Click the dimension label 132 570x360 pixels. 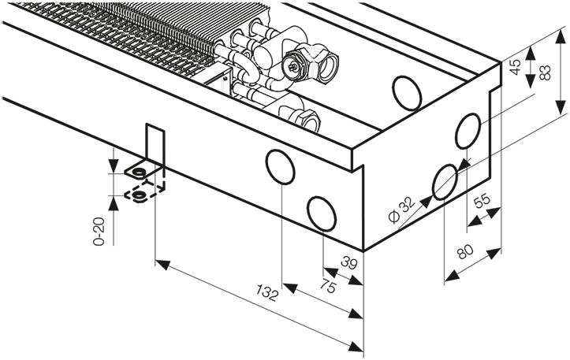pos(267,293)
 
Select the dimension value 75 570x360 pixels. pos(328,285)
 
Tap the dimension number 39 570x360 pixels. pos(349,262)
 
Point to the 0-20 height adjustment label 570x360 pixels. pos(99,232)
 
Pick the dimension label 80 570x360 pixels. pos(465,251)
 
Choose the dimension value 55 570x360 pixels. pos(482,201)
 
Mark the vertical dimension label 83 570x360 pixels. pos(545,72)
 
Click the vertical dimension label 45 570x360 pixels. pos(515,66)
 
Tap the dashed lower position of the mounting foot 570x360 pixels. pos(145,192)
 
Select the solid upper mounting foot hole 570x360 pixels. pos(138,172)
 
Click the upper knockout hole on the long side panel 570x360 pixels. pos(281,167)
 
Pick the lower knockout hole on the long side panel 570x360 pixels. pos(322,213)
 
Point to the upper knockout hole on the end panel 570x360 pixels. pos(468,131)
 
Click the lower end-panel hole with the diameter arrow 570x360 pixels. pos(445,182)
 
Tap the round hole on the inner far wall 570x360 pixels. pos(407,93)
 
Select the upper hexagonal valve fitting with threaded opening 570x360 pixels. pos(311,64)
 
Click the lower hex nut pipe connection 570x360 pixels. pos(306,117)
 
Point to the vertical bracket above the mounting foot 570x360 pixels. pos(155,144)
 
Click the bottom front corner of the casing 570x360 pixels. pos(363,251)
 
